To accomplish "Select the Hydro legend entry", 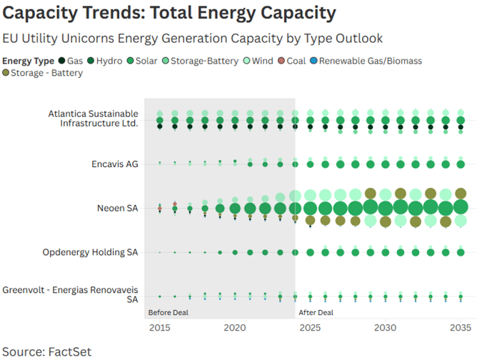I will (x=105, y=61).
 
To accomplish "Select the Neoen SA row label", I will (x=117, y=208).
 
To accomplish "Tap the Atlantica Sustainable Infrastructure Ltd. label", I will (x=93, y=118).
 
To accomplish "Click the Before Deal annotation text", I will (x=167, y=312).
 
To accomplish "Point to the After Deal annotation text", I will (x=315, y=312).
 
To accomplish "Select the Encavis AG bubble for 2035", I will (x=461, y=164).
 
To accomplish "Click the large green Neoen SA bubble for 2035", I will (x=461, y=208).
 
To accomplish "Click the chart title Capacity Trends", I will (x=169, y=13).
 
